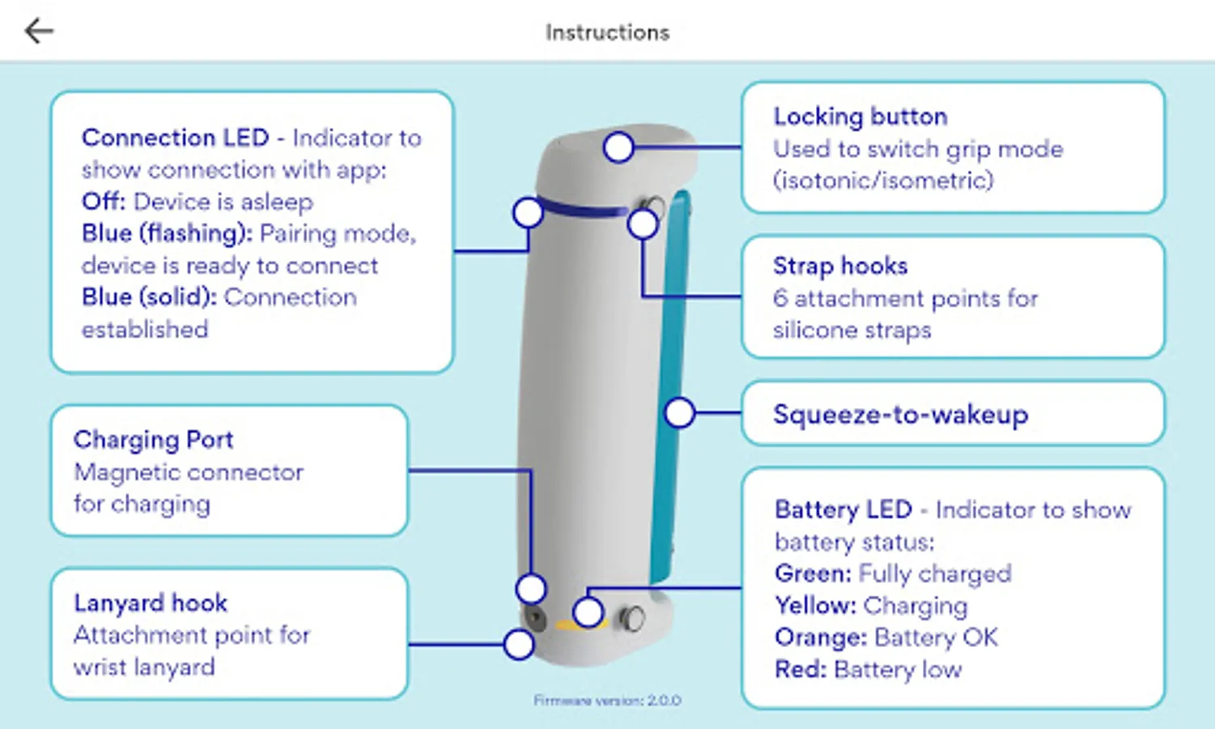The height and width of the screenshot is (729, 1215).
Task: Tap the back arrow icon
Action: coord(38,32)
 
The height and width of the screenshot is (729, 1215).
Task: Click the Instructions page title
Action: coord(607,32)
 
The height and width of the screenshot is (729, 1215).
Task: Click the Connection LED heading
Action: coord(175,138)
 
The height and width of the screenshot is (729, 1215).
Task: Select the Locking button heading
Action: coord(860,117)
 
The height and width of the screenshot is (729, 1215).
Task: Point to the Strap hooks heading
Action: coord(840,266)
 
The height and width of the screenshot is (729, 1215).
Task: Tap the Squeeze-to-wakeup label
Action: coord(900,415)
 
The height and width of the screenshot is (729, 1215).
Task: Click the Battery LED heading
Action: coord(843,509)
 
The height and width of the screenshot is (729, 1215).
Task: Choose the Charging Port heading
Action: coord(153,440)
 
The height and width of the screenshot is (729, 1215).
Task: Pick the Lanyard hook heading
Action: coord(151,603)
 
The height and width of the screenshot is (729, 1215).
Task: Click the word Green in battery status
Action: coord(812,573)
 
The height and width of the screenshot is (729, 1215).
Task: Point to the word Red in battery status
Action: coord(800,670)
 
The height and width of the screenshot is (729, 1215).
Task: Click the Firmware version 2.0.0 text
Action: coord(607,701)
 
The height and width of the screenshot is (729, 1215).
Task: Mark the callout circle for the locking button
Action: coord(618,147)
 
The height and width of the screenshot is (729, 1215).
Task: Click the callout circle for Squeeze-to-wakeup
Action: coord(679,413)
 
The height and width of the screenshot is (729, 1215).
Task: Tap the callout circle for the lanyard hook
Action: coord(518,645)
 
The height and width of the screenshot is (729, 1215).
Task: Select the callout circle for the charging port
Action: coord(531,589)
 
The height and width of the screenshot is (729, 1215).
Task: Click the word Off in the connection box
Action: coord(102,202)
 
